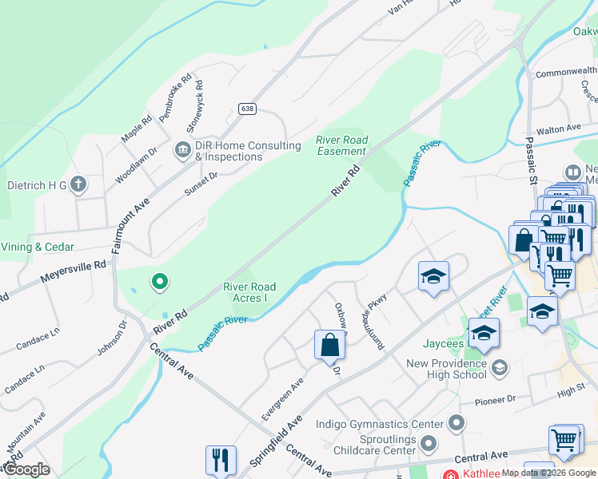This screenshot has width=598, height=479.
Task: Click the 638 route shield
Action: pyautogui.click(x=247, y=109)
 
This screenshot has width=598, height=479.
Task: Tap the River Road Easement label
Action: pyautogui.click(x=342, y=145)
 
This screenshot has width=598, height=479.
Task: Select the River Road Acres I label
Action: pyautogui.click(x=249, y=292)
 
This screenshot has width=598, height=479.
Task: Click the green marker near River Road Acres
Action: pyautogui.click(x=160, y=280)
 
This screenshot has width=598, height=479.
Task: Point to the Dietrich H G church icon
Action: pyautogui.click(x=78, y=185)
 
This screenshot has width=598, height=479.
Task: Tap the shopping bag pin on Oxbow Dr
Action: pyautogui.click(x=329, y=345)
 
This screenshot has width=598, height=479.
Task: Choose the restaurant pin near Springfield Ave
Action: pyautogui.click(x=221, y=459)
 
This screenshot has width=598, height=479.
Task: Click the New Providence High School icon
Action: pyautogui.click(x=500, y=367)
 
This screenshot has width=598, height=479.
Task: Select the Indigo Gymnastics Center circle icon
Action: pyautogui.click(x=456, y=422)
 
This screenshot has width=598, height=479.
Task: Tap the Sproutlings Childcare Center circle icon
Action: pyautogui.click(x=429, y=443)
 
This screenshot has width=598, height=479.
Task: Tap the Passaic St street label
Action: pyautogui.click(x=531, y=159)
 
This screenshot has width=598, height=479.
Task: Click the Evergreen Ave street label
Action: pyautogui.click(x=283, y=399)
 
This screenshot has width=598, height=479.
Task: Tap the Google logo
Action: pyautogui.click(x=26, y=469)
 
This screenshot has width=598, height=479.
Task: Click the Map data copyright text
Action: pyautogui.click(x=548, y=473)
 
